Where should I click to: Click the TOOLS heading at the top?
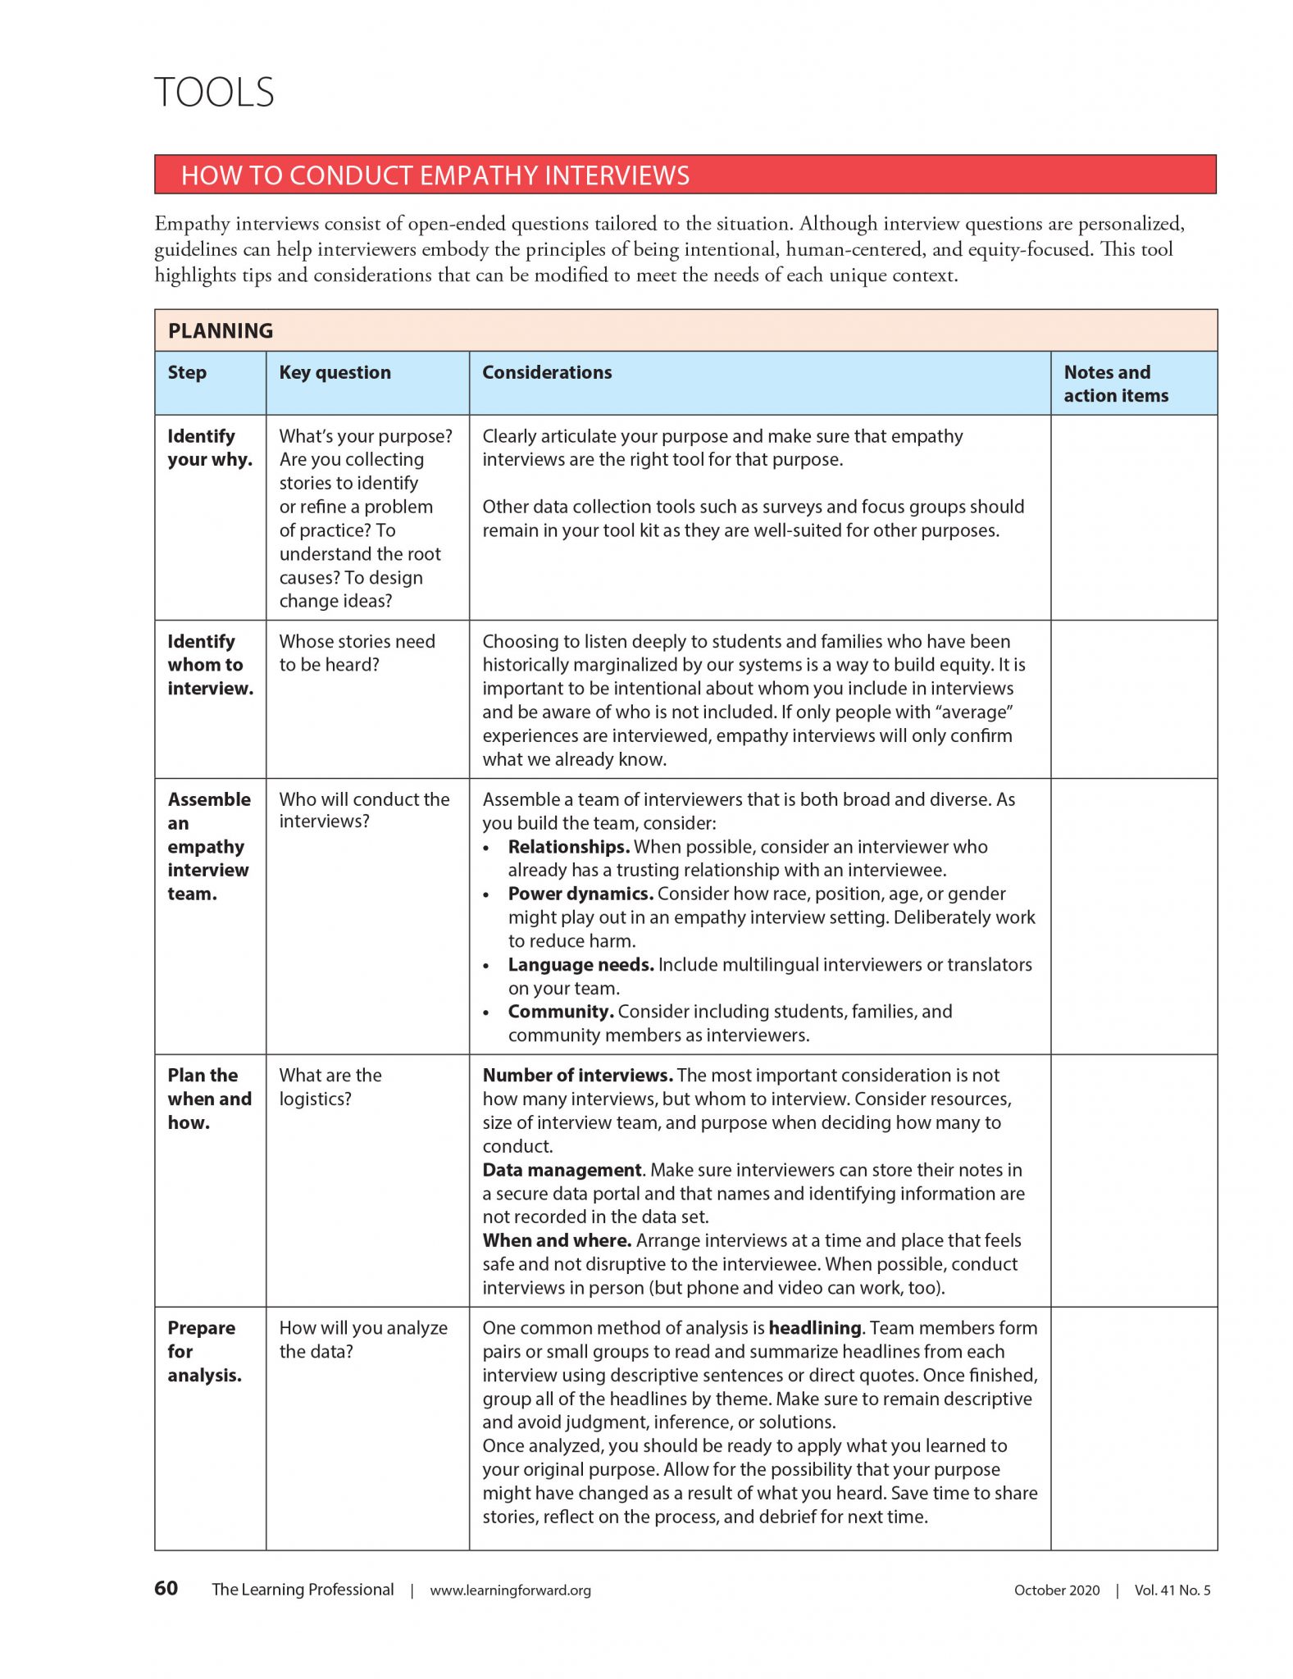[x=214, y=92]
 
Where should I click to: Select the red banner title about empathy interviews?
[x=435, y=175]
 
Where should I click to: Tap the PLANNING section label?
[x=221, y=331]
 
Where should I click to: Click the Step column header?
[x=187, y=373]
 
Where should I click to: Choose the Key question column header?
[x=335, y=373]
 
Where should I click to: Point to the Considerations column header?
[x=547, y=373]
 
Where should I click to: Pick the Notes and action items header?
[x=1115, y=384]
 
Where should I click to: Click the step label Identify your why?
[x=209, y=448]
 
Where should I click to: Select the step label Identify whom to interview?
[x=210, y=665]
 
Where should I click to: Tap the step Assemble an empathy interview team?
[x=208, y=846]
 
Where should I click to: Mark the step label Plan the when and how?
[x=209, y=1099]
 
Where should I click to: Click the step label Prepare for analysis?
[x=204, y=1351]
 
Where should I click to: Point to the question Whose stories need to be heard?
[x=357, y=653]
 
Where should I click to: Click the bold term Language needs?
[x=580, y=965]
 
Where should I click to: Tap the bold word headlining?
[x=815, y=1328]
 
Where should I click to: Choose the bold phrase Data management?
[x=562, y=1170]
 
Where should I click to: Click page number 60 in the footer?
[x=166, y=1589]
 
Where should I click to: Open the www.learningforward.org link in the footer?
[x=510, y=1590]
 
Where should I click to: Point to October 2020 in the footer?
[x=1057, y=1590]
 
